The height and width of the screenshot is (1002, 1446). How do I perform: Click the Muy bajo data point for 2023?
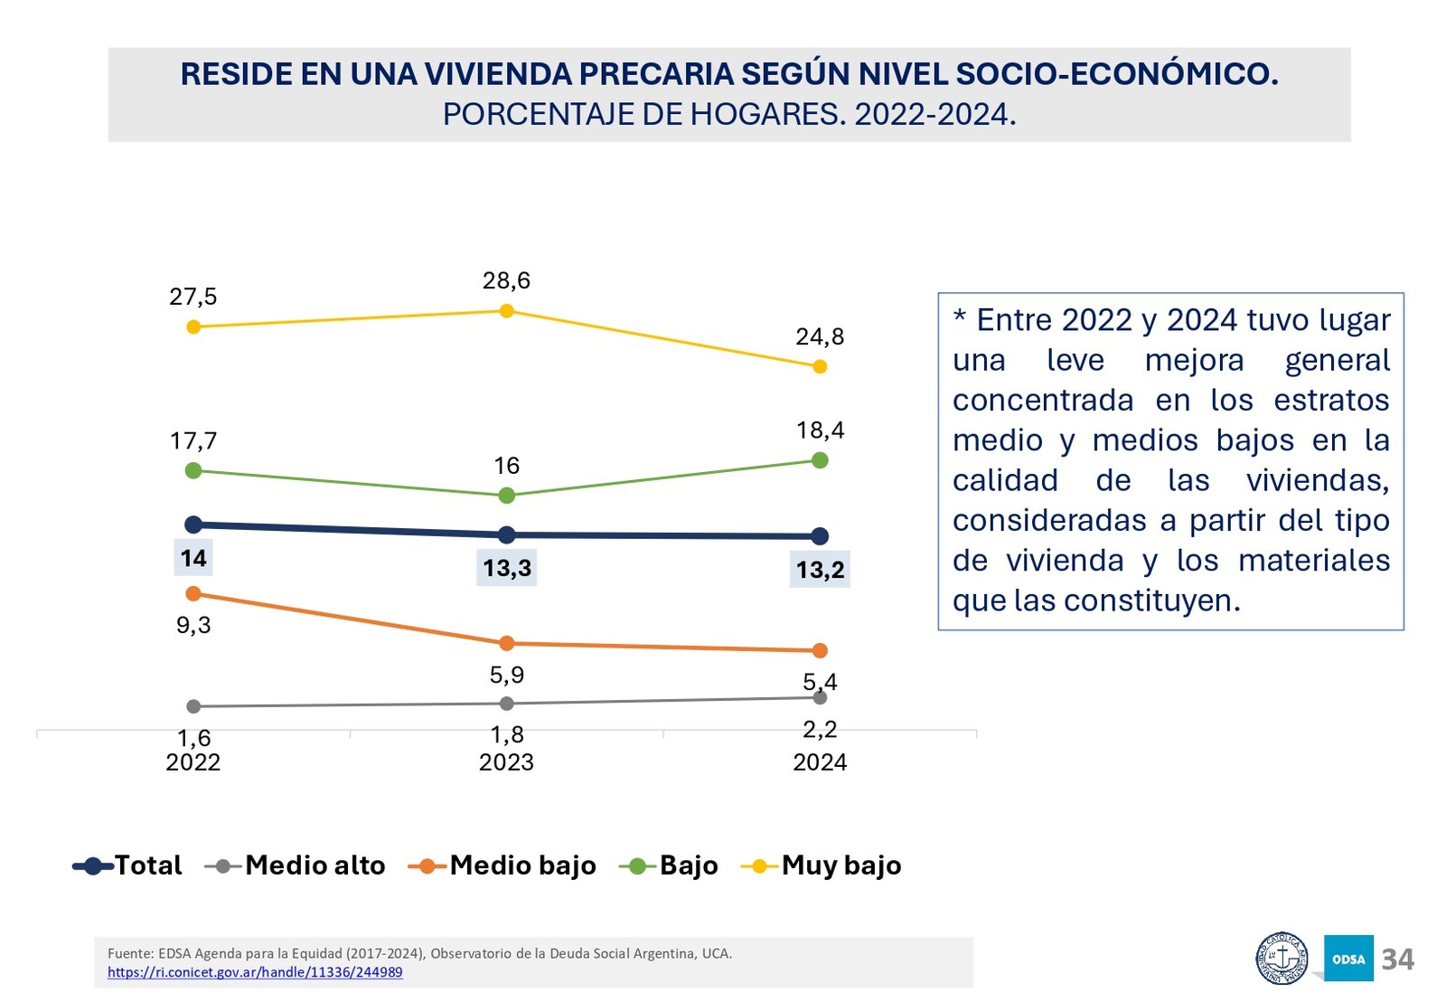pyautogui.click(x=506, y=311)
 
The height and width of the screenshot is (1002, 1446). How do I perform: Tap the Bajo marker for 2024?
pyautogui.click(x=820, y=460)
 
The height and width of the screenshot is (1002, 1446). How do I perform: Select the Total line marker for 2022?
pyautogui.click(x=192, y=525)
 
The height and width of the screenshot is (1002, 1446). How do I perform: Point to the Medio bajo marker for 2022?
pyautogui.click(x=192, y=593)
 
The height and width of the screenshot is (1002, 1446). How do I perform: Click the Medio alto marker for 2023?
pyautogui.click(x=506, y=704)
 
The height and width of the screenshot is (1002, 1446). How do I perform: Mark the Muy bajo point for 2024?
pyautogui.click(x=820, y=366)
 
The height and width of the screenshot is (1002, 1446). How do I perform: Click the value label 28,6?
pyautogui.click(x=506, y=281)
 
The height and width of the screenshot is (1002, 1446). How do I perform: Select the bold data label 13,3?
pyautogui.click(x=507, y=568)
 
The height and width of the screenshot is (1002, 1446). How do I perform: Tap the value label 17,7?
pyautogui.click(x=193, y=441)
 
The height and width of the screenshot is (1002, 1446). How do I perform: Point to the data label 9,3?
pyautogui.click(x=193, y=625)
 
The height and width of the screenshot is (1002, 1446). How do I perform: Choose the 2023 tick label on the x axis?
pyautogui.click(x=506, y=762)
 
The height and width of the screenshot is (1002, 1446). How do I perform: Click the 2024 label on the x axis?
pyautogui.click(x=820, y=762)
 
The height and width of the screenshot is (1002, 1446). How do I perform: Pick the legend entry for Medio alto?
pyautogui.click(x=296, y=865)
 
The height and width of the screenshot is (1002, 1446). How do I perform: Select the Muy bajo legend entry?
pyautogui.click(x=822, y=865)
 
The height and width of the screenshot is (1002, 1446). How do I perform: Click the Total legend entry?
pyautogui.click(x=128, y=865)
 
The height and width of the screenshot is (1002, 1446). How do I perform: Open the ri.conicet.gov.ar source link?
pyautogui.click(x=255, y=972)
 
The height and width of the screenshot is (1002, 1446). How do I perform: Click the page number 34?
pyautogui.click(x=1397, y=959)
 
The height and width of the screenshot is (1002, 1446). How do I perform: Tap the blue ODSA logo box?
pyautogui.click(x=1348, y=959)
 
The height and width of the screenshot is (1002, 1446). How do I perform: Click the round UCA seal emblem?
pyautogui.click(x=1282, y=959)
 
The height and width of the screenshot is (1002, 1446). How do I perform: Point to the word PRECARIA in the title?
pyautogui.click(x=657, y=74)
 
